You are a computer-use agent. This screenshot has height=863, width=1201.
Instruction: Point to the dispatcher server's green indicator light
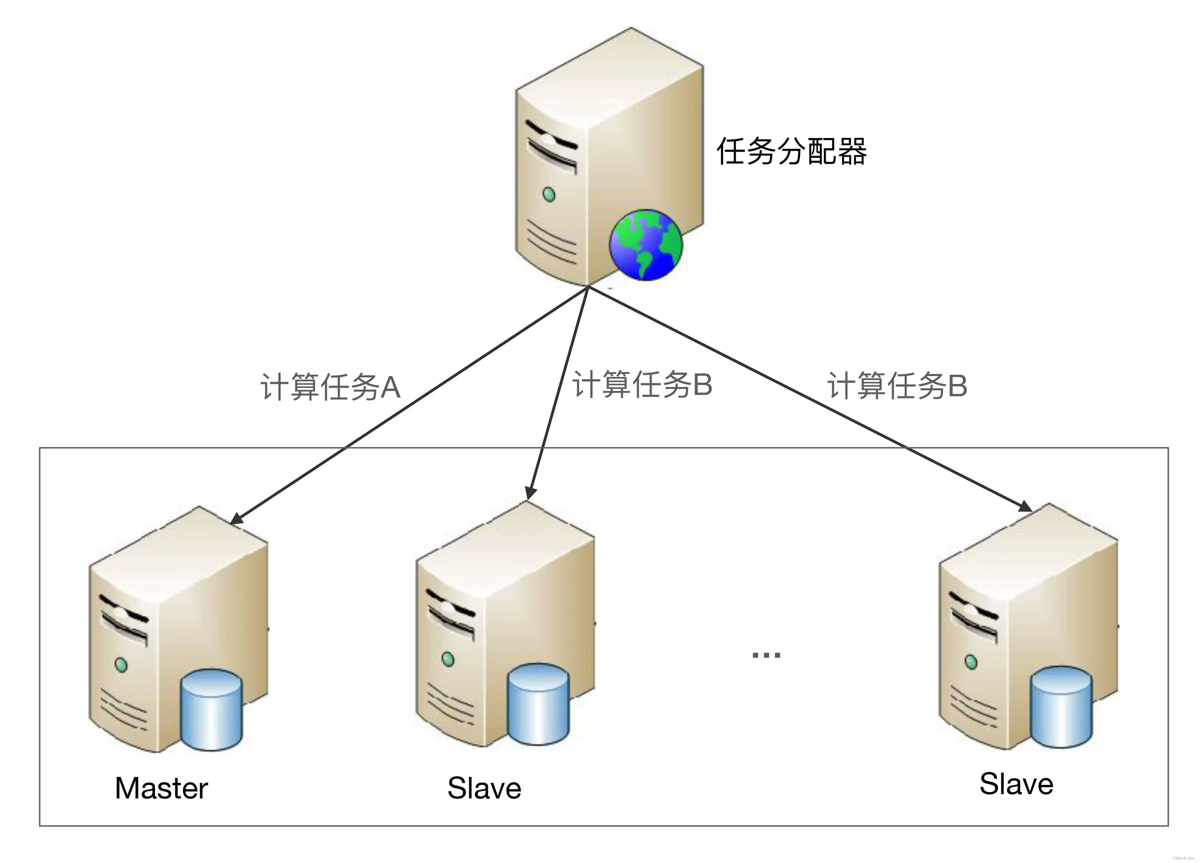click(549, 194)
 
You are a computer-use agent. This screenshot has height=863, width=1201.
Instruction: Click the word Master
click(162, 788)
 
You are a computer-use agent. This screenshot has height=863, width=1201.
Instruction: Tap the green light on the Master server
click(121, 664)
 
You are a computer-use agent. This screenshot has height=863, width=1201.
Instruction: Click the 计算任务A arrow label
click(330, 387)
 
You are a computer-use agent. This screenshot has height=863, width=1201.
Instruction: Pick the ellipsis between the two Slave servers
click(766, 655)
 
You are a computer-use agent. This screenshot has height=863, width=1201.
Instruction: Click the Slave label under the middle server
click(484, 788)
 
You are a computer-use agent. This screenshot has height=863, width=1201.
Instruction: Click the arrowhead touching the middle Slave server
click(530, 493)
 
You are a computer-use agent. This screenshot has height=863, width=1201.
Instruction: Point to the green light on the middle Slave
click(448, 659)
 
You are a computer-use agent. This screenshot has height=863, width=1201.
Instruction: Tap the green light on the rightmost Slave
click(971, 662)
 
